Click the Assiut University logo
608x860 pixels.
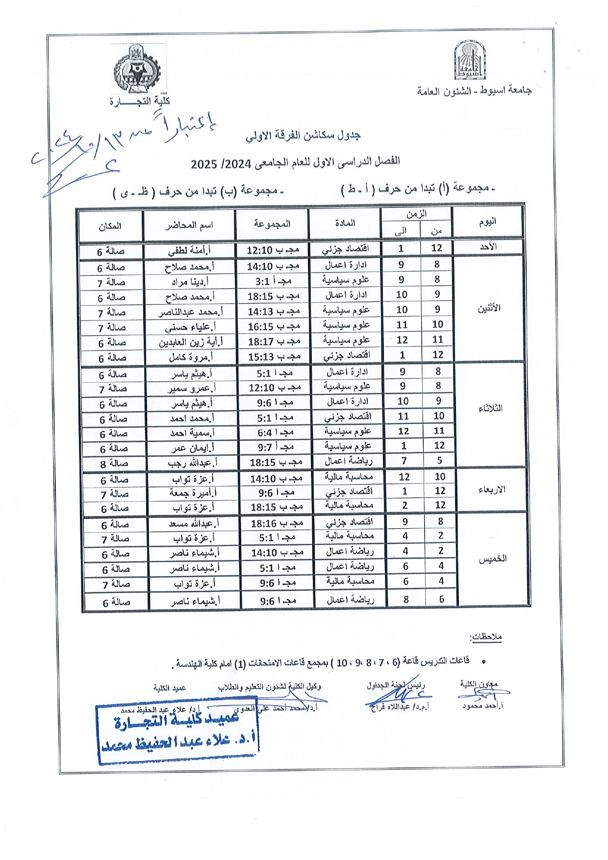pos(471,61)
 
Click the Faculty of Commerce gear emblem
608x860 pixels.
pos(137,69)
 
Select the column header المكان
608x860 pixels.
pos(110,226)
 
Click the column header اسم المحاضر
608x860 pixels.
pos(189,225)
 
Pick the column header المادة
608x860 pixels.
pos(345,223)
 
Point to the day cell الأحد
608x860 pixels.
pos(488,247)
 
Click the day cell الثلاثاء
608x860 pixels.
pos(490,409)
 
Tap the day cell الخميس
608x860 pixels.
pos(493,559)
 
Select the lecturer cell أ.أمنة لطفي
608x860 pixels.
pos(189,250)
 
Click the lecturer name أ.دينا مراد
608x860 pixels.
pos(190,282)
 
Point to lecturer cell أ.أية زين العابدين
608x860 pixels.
pos(190,342)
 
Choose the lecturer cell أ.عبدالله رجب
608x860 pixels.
pos(192,463)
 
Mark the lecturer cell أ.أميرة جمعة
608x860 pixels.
pos(193,492)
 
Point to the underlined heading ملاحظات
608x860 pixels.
pos(485,637)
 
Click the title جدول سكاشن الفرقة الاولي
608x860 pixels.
pos(303,135)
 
